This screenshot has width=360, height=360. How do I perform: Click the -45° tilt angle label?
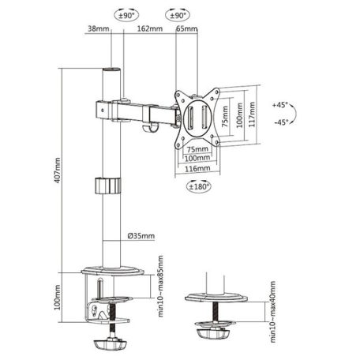click(x=282, y=122)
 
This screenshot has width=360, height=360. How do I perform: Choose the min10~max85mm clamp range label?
click(x=160, y=282)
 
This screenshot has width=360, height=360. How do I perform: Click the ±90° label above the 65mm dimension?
click(x=177, y=15)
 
